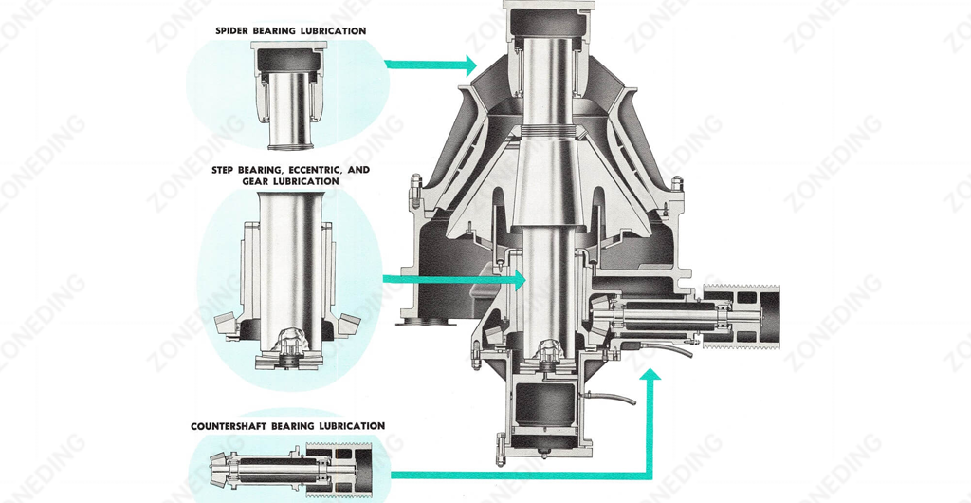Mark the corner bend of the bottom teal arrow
point(649,474)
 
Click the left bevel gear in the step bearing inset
point(226,322)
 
